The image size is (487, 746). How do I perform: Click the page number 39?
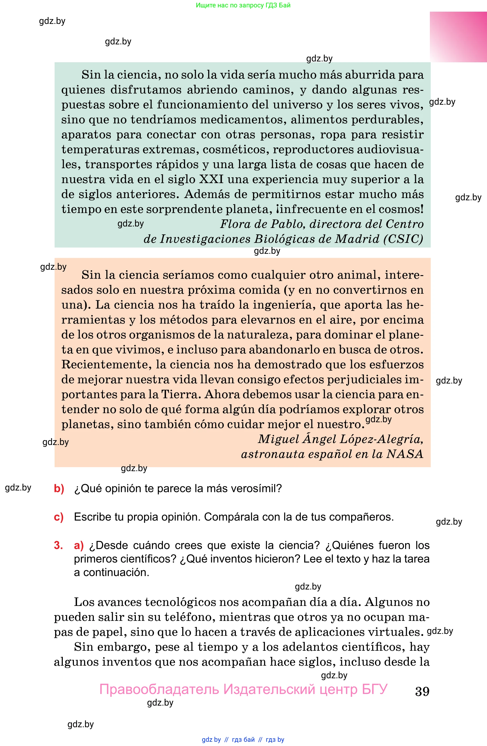point(422,691)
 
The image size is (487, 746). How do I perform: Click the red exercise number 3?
point(58,545)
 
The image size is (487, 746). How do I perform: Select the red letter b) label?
point(59,488)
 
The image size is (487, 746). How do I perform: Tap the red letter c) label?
point(59,517)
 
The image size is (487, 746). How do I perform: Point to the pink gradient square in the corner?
point(458,37)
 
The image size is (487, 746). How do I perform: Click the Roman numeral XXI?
point(212,179)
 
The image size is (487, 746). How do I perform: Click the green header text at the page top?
point(243,5)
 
